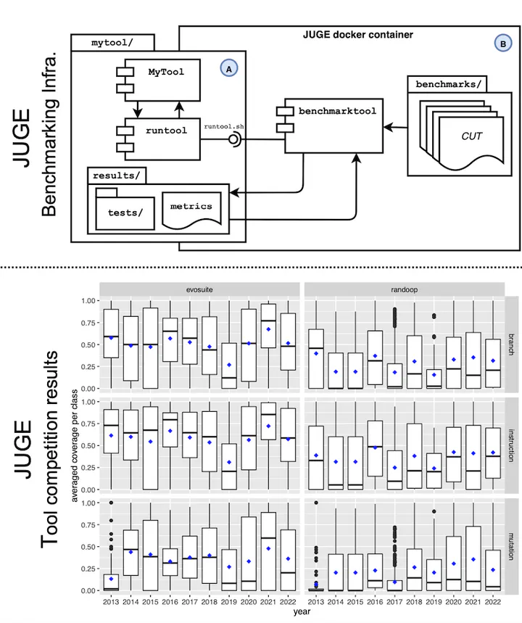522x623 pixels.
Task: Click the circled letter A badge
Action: click(x=229, y=68)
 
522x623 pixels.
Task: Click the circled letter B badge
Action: click(x=503, y=44)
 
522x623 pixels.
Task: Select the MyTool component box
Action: click(x=162, y=80)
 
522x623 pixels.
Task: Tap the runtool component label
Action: click(x=166, y=131)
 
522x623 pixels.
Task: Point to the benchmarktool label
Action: click(x=337, y=111)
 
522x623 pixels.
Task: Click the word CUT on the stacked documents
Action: click(x=471, y=136)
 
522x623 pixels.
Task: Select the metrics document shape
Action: click(x=191, y=211)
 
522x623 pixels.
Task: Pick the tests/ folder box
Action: click(x=125, y=209)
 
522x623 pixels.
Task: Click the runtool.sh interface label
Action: click(x=224, y=126)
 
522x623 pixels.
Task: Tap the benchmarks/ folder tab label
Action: click(x=448, y=84)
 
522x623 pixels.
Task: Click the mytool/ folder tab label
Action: click(x=112, y=43)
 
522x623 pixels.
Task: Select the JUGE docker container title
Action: click(x=358, y=35)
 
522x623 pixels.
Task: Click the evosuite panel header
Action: click(x=199, y=289)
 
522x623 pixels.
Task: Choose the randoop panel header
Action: click(x=405, y=289)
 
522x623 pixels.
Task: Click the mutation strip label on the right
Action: click(x=511, y=546)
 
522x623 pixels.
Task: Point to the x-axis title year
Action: click(x=302, y=612)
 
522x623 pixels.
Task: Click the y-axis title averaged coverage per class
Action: click(x=75, y=445)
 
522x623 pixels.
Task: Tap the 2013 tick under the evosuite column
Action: click(x=111, y=601)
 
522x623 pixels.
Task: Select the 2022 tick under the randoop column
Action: click(x=492, y=601)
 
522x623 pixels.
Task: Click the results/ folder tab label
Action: click(x=117, y=176)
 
